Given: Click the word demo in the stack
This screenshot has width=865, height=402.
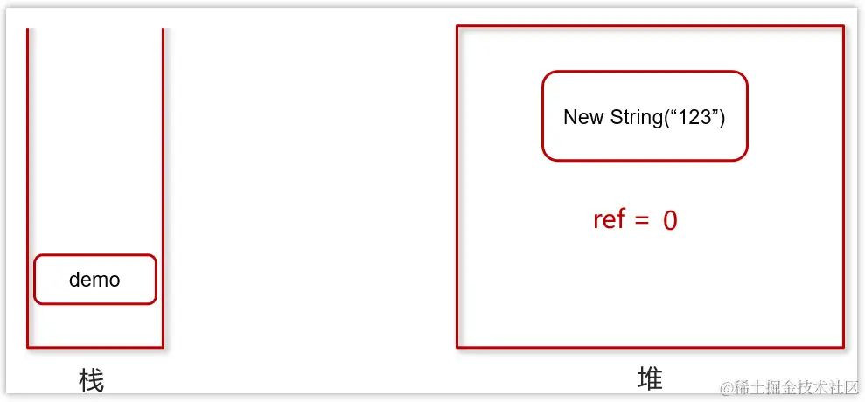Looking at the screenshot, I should coord(94,280).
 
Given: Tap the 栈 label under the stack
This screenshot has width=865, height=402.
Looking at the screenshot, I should coord(91,381).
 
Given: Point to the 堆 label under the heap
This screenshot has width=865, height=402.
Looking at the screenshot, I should coord(650,378).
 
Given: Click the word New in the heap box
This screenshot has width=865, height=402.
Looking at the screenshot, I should coord(582,117).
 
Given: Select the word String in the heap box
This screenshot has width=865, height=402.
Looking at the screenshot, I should coord(636,117).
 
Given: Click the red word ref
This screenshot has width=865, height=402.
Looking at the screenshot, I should coord(609,218).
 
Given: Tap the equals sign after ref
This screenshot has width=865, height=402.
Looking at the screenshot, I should coord(642,220).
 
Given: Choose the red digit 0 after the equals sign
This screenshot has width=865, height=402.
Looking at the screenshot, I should coord(670,220).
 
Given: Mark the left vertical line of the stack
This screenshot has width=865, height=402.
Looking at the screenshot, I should coord(28,175).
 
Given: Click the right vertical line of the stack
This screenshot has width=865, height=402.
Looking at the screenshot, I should coord(163,175).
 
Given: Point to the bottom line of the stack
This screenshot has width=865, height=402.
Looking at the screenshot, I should coord(95,347).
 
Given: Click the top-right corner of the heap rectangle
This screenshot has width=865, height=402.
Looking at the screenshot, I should coord(843,26).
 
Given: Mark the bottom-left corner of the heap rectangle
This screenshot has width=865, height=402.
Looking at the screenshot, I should coord(457,347).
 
